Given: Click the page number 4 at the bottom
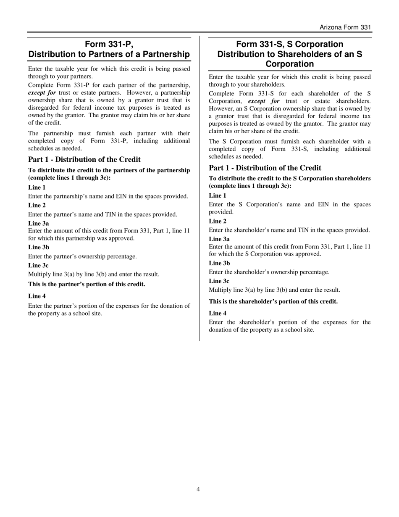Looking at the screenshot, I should point(198,489).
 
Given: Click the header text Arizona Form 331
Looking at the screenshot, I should point(345,27).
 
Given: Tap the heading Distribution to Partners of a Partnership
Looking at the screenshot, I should point(109,54).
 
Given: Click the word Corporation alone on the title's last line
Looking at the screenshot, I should point(289,64).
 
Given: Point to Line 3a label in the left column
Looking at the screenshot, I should point(39,223).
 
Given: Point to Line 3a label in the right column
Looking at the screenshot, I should point(220,239).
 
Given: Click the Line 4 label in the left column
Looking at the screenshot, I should point(37,296).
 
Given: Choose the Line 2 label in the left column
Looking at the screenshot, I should point(37,205).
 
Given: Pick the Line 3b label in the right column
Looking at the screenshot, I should point(220,263).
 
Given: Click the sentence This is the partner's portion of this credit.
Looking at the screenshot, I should point(87,284).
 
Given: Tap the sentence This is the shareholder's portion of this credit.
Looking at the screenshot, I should point(273,301).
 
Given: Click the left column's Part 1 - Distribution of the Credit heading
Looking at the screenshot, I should point(84,159).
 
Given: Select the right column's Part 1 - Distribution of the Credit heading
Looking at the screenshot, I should point(265,168).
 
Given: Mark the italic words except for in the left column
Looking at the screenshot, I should point(42,92).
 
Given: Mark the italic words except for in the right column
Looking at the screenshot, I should point(264,101).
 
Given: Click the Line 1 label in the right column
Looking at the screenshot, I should point(218,195).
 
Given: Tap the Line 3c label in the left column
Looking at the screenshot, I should point(38,265).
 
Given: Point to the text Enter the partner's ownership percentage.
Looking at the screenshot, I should point(82,256).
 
